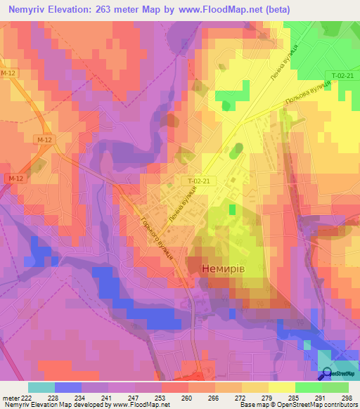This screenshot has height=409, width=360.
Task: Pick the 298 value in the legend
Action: tap(347, 397)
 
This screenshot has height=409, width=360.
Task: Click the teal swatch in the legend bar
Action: tap(41, 387)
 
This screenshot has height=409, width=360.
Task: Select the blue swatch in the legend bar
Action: tap(67, 387)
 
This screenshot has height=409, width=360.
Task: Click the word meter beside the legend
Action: tap(8, 397)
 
